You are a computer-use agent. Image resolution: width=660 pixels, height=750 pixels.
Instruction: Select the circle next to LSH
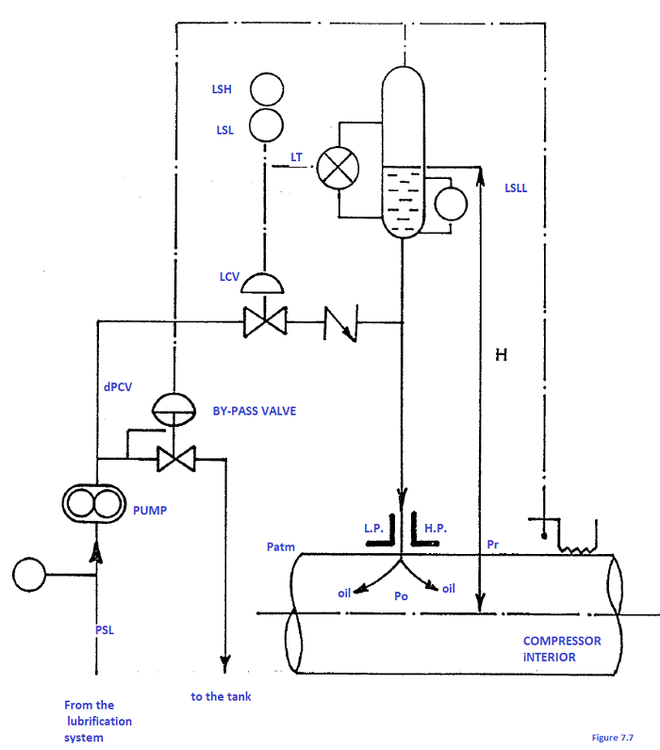[x=267, y=90]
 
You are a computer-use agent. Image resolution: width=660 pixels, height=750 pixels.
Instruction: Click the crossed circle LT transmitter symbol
[x=333, y=170]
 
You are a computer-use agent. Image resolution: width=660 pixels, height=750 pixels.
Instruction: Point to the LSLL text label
[x=517, y=188]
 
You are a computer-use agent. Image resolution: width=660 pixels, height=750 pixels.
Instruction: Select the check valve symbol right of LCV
[x=338, y=324]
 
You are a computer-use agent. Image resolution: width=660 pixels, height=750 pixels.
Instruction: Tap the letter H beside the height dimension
[x=502, y=354]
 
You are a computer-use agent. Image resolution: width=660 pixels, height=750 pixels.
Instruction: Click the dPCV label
[x=118, y=386]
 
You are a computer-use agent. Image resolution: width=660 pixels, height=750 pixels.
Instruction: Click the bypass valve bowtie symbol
[x=174, y=460]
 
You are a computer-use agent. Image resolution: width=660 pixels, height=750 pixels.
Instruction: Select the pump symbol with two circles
[x=93, y=503]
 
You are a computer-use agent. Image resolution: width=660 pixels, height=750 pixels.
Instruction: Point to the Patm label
[x=282, y=546]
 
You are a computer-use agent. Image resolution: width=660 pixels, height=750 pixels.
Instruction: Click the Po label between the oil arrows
[x=402, y=596]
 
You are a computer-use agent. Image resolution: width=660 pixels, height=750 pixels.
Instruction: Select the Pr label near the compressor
[x=493, y=546]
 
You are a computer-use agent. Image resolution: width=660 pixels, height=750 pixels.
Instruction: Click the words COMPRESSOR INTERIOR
[x=562, y=648]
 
